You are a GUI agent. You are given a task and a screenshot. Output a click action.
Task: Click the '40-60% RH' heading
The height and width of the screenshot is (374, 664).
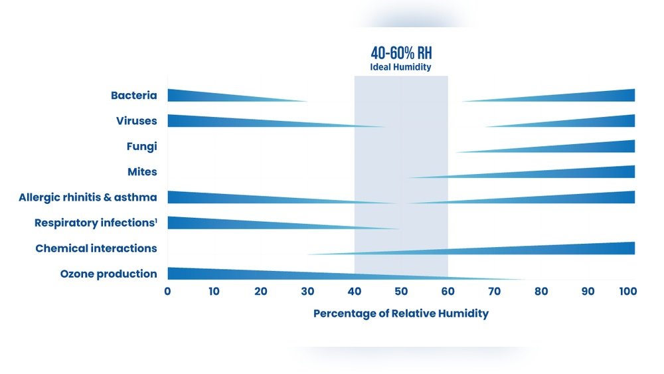coord(401,53)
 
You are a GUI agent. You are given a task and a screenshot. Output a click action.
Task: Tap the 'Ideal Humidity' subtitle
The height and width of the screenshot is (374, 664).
coord(401,67)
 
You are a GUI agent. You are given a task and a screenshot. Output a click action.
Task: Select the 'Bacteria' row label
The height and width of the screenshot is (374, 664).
coord(134,96)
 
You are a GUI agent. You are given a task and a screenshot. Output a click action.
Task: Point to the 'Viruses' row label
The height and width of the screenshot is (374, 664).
coord(137,121)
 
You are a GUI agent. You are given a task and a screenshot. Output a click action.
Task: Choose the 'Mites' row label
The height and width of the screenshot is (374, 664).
coord(142,172)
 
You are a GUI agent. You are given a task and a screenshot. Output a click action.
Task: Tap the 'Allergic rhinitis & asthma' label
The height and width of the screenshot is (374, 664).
coord(88,197)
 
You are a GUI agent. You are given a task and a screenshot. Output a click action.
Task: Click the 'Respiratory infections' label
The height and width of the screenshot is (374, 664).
coord(96,223)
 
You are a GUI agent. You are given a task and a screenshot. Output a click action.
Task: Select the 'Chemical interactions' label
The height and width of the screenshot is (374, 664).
coord(96,248)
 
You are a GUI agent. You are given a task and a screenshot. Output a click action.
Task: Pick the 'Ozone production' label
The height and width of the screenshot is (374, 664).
coord(109,274)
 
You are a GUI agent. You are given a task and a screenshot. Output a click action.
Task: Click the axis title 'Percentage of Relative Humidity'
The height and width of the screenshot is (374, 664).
coord(401,314)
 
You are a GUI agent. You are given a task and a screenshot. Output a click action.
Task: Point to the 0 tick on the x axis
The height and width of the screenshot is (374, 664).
coord(167,291)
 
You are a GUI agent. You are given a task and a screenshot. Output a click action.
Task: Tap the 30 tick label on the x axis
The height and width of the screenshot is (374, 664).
coord(307,291)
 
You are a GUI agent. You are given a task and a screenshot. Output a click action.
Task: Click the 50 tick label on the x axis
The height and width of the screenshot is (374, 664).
coord(400,291)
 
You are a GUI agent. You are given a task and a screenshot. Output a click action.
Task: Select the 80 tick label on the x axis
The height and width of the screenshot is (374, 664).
coord(540,291)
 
